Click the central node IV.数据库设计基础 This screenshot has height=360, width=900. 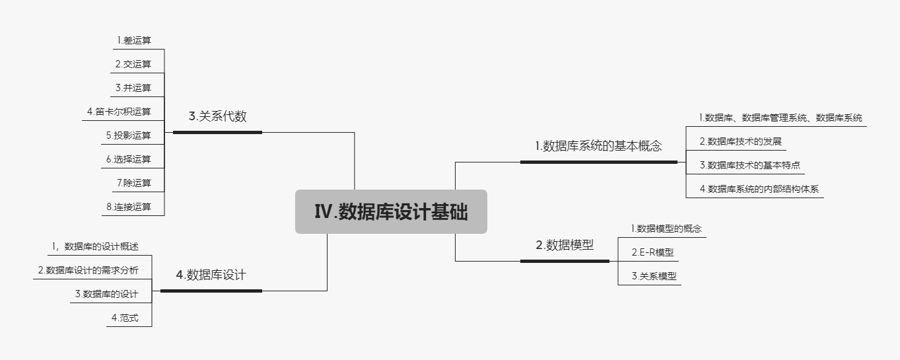pyautogui.click(x=391, y=212)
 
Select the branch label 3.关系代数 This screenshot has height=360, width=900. pyautogui.click(x=217, y=117)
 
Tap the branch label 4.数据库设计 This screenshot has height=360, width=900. pyautogui.click(x=211, y=275)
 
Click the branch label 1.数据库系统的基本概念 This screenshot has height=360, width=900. pyautogui.click(x=598, y=146)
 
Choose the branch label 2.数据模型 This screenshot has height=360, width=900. pyautogui.click(x=565, y=245)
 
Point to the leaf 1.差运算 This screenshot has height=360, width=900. pyautogui.click(x=134, y=41)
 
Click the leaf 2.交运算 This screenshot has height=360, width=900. pyautogui.click(x=133, y=64)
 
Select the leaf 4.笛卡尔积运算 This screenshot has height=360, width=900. pyautogui.click(x=119, y=112)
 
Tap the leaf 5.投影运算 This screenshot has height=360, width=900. pyautogui.click(x=128, y=135)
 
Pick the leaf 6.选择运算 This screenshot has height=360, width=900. pyautogui.click(x=128, y=159)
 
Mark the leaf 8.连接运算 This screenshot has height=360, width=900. pyautogui.click(x=128, y=207)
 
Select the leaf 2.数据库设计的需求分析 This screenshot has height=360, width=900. pyautogui.click(x=88, y=270)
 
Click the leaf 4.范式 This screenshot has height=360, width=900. pyautogui.click(x=125, y=318)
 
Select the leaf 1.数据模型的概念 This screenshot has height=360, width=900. pyautogui.click(x=666, y=229)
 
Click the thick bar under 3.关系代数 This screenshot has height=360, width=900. pyautogui.click(x=217, y=132)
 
